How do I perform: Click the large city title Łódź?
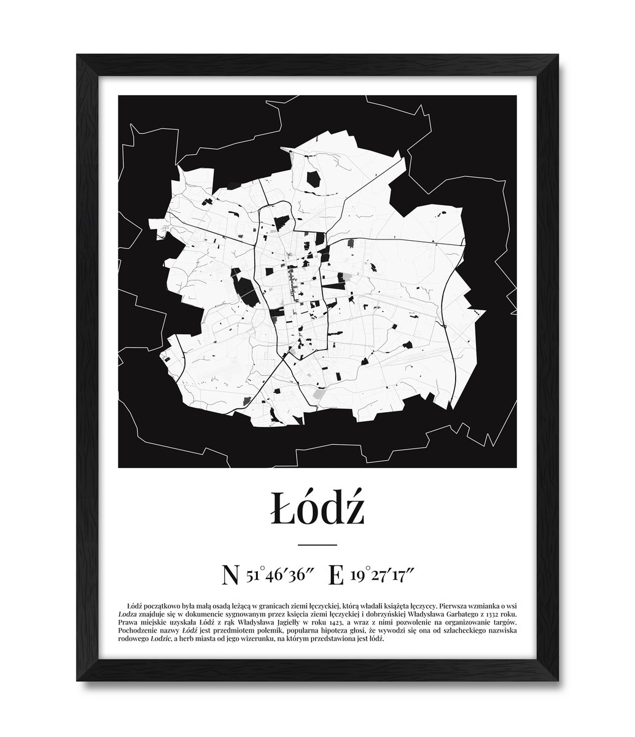click(317, 509)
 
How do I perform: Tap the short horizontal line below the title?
click(317, 545)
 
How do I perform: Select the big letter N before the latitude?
click(230, 575)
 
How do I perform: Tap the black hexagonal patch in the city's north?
click(313, 179)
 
